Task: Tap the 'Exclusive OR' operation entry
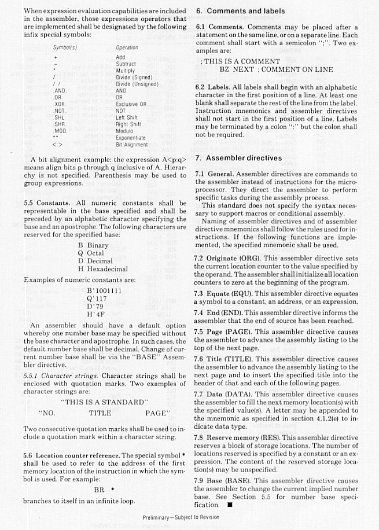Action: [131, 104]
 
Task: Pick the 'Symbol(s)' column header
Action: [65, 47]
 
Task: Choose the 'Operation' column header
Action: [127, 47]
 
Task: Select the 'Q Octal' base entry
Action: [91, 253]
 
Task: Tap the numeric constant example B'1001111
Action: [104, 290]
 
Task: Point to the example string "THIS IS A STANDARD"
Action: [105, 402]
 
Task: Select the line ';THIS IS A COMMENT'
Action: [240, 61]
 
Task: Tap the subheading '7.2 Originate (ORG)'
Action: [228, 258]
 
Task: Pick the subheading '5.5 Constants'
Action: [47, 203]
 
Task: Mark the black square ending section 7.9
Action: [230, 505]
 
